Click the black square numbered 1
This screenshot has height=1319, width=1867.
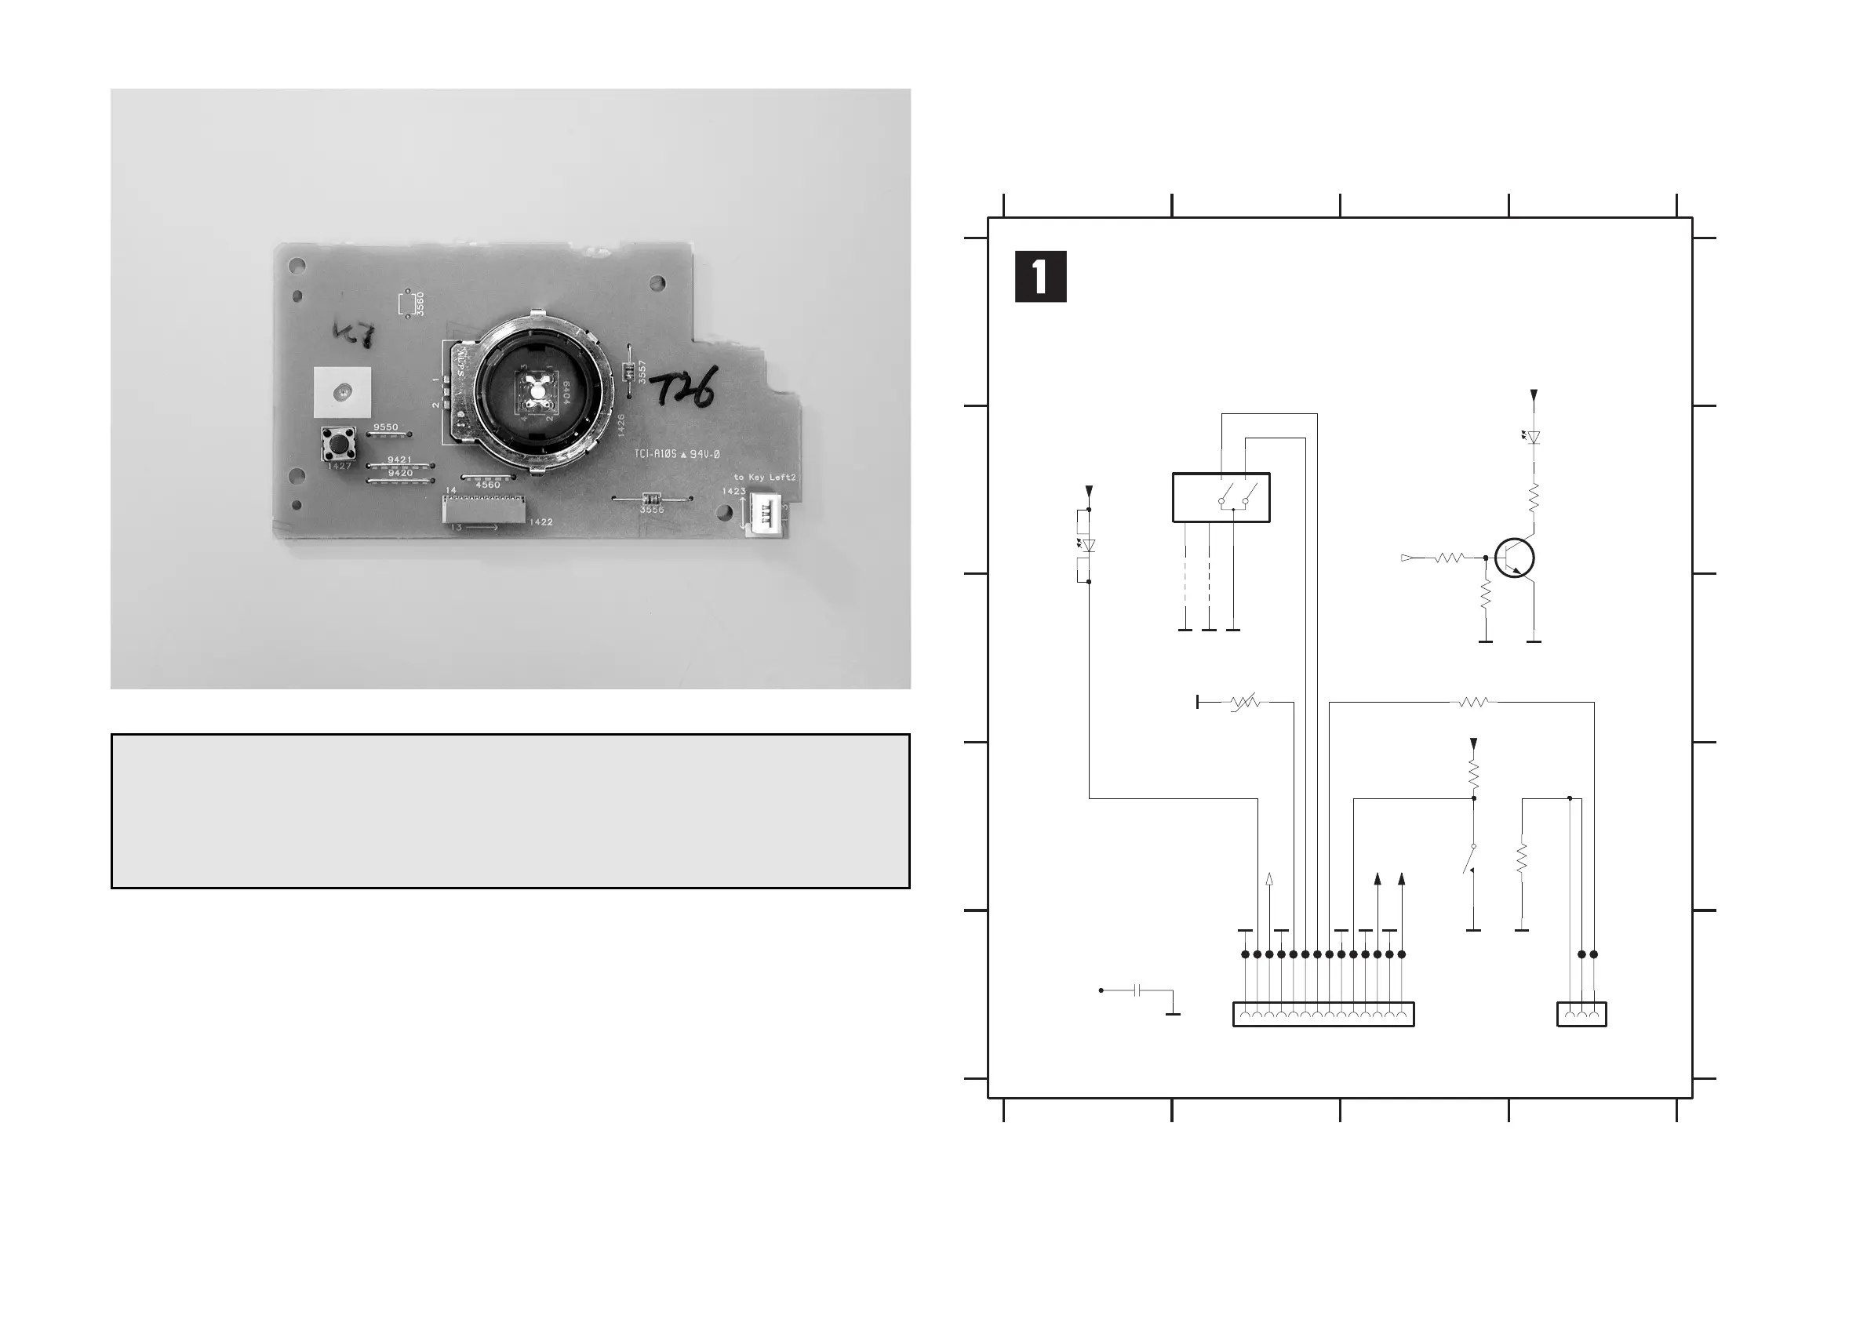[1040, 277]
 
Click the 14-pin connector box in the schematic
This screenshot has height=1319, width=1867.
[1323, 1014]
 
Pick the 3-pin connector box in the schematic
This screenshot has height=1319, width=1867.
[1581, 1014]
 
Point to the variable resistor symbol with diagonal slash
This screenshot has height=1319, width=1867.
[1244, 701]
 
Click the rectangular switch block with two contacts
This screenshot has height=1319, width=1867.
[1221, 497]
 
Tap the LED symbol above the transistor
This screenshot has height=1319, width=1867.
[1534, 438]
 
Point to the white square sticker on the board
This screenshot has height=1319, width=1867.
[342, 392]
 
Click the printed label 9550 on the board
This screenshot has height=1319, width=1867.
[385, 427]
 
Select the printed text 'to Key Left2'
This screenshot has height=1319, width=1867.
[763, 477]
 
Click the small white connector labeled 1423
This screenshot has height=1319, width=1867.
[764, 514]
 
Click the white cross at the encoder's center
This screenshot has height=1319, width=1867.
[537, 390]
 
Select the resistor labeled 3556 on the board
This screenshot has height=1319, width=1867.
[650, 500]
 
